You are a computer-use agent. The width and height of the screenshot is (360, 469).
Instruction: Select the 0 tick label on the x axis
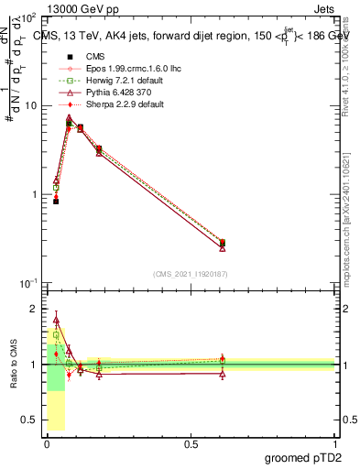[46, 444]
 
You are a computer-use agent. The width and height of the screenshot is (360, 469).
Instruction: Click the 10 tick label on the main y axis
[29, 105]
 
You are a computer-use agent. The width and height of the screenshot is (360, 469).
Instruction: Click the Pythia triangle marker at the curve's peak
[69, 117]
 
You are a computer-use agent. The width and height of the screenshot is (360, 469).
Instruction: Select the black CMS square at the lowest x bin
[56, 201]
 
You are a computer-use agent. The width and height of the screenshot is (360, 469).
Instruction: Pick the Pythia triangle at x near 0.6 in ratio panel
[223, 374]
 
